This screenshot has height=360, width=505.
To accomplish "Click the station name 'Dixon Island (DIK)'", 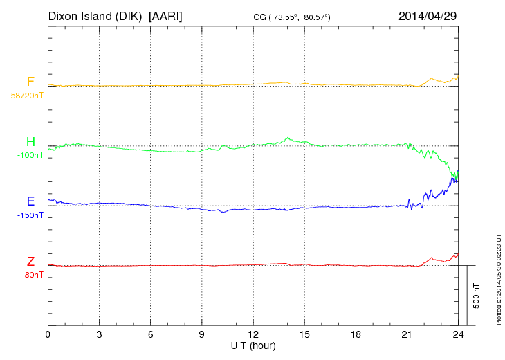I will [95, 16].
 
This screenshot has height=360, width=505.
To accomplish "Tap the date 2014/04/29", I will [428, 16].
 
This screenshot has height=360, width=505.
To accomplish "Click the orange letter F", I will [30, 82].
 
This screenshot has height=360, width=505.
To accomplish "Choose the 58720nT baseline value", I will [26, 95].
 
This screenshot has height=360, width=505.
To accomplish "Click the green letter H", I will [30, 142].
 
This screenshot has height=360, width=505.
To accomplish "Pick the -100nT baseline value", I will [30, 155].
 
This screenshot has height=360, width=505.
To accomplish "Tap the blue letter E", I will [30, 202].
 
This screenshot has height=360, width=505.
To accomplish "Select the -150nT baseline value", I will [30, 215].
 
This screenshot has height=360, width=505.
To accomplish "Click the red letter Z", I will [30, 262].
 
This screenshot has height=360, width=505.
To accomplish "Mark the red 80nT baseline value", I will [32, 275].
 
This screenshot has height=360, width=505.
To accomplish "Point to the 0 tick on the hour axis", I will [48, 335].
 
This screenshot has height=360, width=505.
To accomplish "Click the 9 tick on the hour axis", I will [201, 335].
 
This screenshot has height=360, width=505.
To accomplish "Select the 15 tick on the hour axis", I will [304, 335].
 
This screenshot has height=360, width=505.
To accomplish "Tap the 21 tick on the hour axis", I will [406, 335].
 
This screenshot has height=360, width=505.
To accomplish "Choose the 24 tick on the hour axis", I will [457, 335].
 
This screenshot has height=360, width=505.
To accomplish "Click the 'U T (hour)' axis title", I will [253, 345].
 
